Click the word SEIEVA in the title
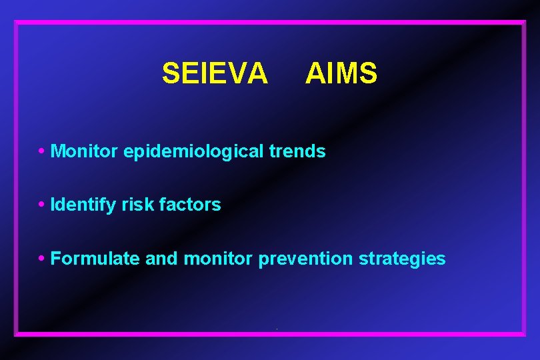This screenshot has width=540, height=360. click(x=215, y=73)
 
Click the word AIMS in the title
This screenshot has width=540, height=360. click(x=341, y=73)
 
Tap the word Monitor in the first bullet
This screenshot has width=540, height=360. click(x=85, y=151)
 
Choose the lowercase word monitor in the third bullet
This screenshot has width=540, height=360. click(x=218, y=258)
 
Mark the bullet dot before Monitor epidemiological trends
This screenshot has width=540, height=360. click(x=42, y=150)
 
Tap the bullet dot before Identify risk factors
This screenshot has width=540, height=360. click(x=42, y=203)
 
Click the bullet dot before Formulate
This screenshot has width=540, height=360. click(x=42, y=257)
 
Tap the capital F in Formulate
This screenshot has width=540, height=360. click(x=55, y=258)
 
